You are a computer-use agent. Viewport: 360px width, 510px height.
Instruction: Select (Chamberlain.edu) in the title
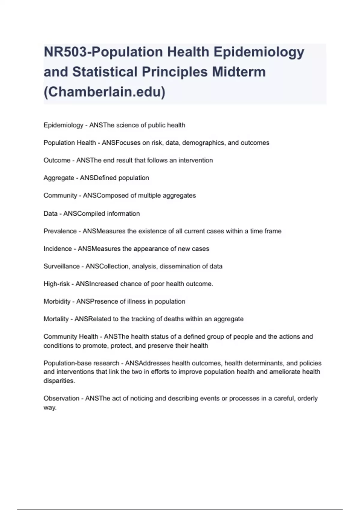click(x=104, y=92)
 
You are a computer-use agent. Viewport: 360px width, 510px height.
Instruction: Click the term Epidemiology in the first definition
click(x=63, y=125)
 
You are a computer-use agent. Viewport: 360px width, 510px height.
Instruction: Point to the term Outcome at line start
click(x=57, y=160)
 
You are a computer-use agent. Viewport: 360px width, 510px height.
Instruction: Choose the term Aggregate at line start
click(x=59, y=178)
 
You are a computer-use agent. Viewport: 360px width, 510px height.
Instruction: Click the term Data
click(x=50, y=214)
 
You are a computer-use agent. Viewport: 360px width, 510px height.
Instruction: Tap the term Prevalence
click(x=60, y=231)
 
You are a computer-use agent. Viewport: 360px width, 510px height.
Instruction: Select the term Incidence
click(x=58, y=249)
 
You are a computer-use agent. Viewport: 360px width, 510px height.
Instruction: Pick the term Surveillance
click(x=61, y=266)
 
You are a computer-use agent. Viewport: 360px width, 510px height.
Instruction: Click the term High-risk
click(x=56, y=284)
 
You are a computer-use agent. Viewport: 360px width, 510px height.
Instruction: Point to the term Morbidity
click(x=57, y=301)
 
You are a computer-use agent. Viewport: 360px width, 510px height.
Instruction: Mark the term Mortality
click(x=56, y=319)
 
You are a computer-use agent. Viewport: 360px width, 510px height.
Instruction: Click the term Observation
click(x=61, y=398)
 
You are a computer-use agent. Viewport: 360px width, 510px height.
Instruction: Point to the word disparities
click(x=59, y=381)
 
